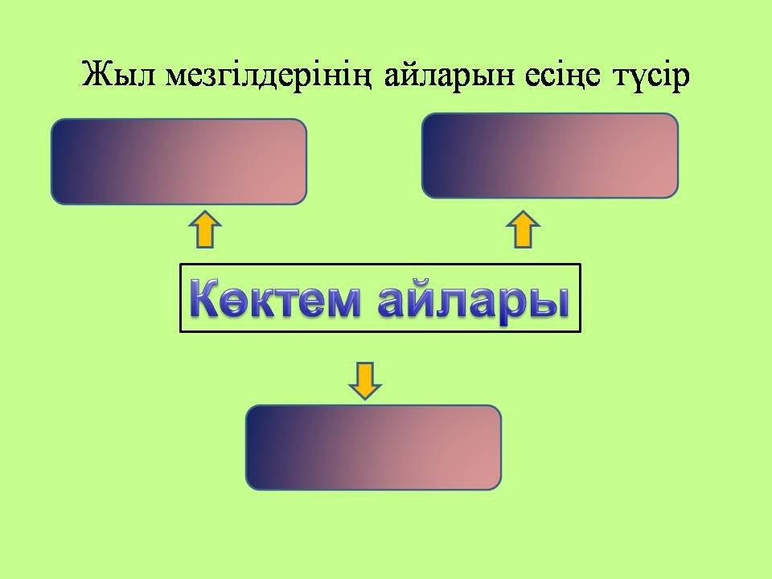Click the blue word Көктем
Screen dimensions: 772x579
(275, 298)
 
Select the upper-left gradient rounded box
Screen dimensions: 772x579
(179, 162)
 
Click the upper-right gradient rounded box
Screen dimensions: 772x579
(550, 155)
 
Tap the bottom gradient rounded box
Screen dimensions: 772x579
(373, 448)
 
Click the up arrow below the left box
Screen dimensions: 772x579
(205, 229)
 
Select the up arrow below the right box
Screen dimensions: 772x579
(523, 229)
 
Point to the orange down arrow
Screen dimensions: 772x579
(365, 381)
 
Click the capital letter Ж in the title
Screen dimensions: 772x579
(96, 74)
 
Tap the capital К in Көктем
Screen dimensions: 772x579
(205, 298)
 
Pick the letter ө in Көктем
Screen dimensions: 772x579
(236, 303)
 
